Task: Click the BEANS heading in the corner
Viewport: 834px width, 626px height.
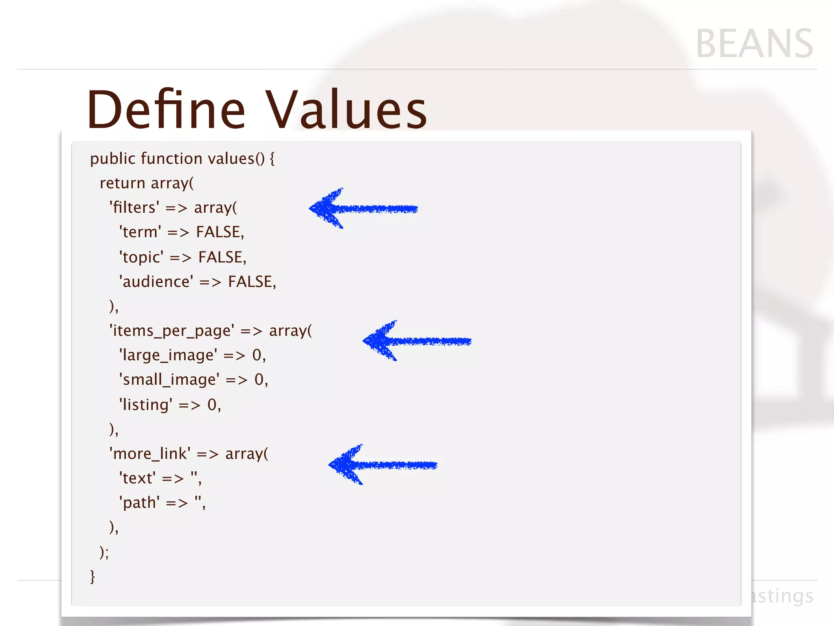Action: tap(754, 44)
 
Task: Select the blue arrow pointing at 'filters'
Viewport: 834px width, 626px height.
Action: tap(362, 209)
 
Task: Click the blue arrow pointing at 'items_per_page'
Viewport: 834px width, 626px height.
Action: tap(416, 341)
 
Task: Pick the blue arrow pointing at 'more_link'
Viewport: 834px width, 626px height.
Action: tap(382, 465)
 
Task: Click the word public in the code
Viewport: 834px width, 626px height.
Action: tap(112, 159)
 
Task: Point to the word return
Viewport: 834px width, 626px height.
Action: tap(123, 183)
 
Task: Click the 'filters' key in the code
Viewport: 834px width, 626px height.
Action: tap(134, 208)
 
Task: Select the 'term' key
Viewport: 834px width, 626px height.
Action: tap(140, 232)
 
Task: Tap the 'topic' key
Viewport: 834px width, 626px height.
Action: tap(141, 258)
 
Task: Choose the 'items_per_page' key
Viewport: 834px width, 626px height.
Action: tap(171, 331)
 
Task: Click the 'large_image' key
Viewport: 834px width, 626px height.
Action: tap(168, 355)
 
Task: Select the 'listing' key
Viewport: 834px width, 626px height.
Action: tap(145, 405)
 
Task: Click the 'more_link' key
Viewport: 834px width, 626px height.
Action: tap(150, 454)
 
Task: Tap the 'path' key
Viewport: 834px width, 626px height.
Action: tap(139, 503)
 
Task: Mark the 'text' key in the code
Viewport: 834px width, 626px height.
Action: tap(137, 478)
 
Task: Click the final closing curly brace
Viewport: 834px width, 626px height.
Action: tap(92, 577)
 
